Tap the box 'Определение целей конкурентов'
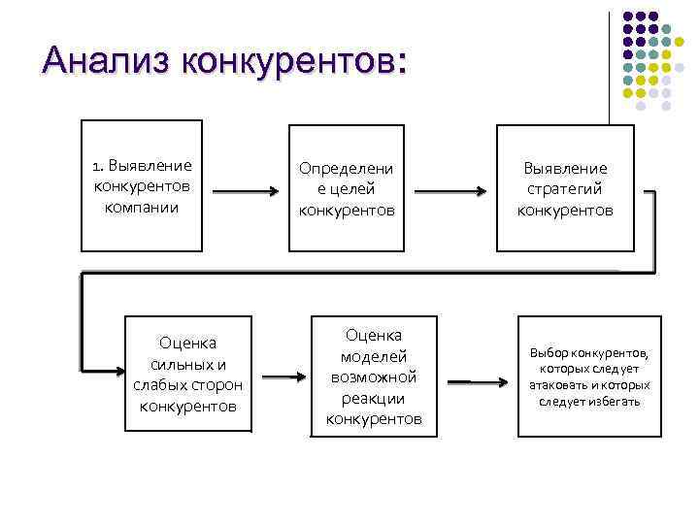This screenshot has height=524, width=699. pos(347,185)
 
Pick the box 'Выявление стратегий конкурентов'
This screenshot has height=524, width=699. pos(564,185)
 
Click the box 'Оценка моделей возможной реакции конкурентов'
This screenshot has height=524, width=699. pos(374,377)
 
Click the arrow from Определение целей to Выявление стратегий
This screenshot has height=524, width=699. pos(449,191)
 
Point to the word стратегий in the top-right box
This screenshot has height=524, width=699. pos(565,188)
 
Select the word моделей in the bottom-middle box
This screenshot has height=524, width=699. pos(374,356)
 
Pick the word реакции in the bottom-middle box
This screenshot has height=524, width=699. pos(374,398)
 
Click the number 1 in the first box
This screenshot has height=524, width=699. pos(96,166)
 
